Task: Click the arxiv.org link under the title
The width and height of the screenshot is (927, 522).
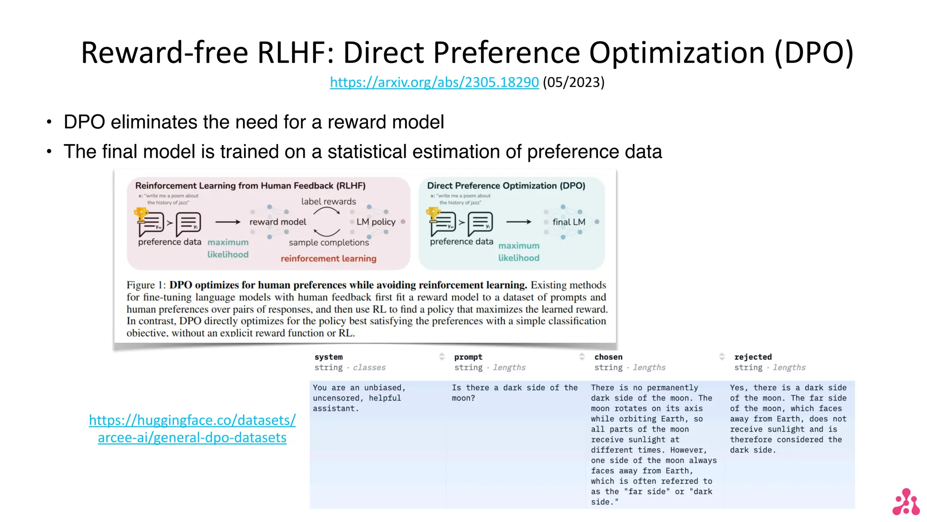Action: (x=434, y=82)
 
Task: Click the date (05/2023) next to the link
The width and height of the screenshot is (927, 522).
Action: (x=573, y=82)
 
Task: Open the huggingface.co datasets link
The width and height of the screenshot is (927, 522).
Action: (x=192, y=428)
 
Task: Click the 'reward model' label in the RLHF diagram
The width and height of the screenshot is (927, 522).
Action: (x=277, y=222)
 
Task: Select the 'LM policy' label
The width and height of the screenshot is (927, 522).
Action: (x=376, y=222)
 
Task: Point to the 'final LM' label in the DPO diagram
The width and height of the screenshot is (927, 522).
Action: (x=569, y=222)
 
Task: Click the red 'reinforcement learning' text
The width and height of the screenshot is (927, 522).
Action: (x=328, y=258)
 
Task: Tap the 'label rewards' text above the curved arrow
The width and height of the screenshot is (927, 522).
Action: (x=329, y=201)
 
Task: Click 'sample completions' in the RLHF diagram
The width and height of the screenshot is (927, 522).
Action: (x=329, y=242)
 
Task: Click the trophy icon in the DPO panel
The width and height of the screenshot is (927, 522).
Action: (x=433, y=213)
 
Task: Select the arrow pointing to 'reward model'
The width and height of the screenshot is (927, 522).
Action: (x=228, y=222)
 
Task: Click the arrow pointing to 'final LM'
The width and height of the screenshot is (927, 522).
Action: (x=519, y=222)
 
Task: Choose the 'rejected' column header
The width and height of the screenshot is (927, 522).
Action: (x=753, y=357)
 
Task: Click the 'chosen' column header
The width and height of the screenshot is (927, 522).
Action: (x=608, y=357)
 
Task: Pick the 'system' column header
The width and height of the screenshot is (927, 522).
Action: (x=329, y=357)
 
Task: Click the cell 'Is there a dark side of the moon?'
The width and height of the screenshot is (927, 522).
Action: (x=515, y=393)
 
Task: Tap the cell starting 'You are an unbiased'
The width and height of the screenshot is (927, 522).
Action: (x=359, y=398)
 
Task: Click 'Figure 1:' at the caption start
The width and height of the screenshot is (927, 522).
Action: (x=146, y=285)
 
